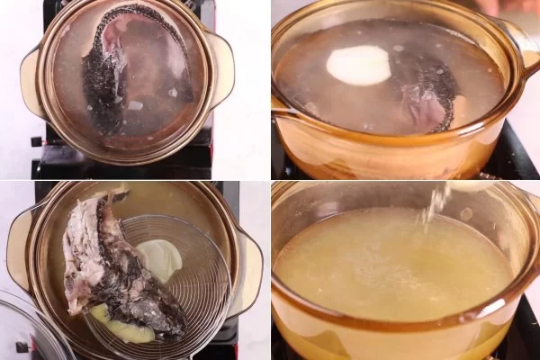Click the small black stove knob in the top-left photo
point(37,141)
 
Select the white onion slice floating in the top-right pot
point(358,66)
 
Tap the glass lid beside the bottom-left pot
point(31,328)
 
